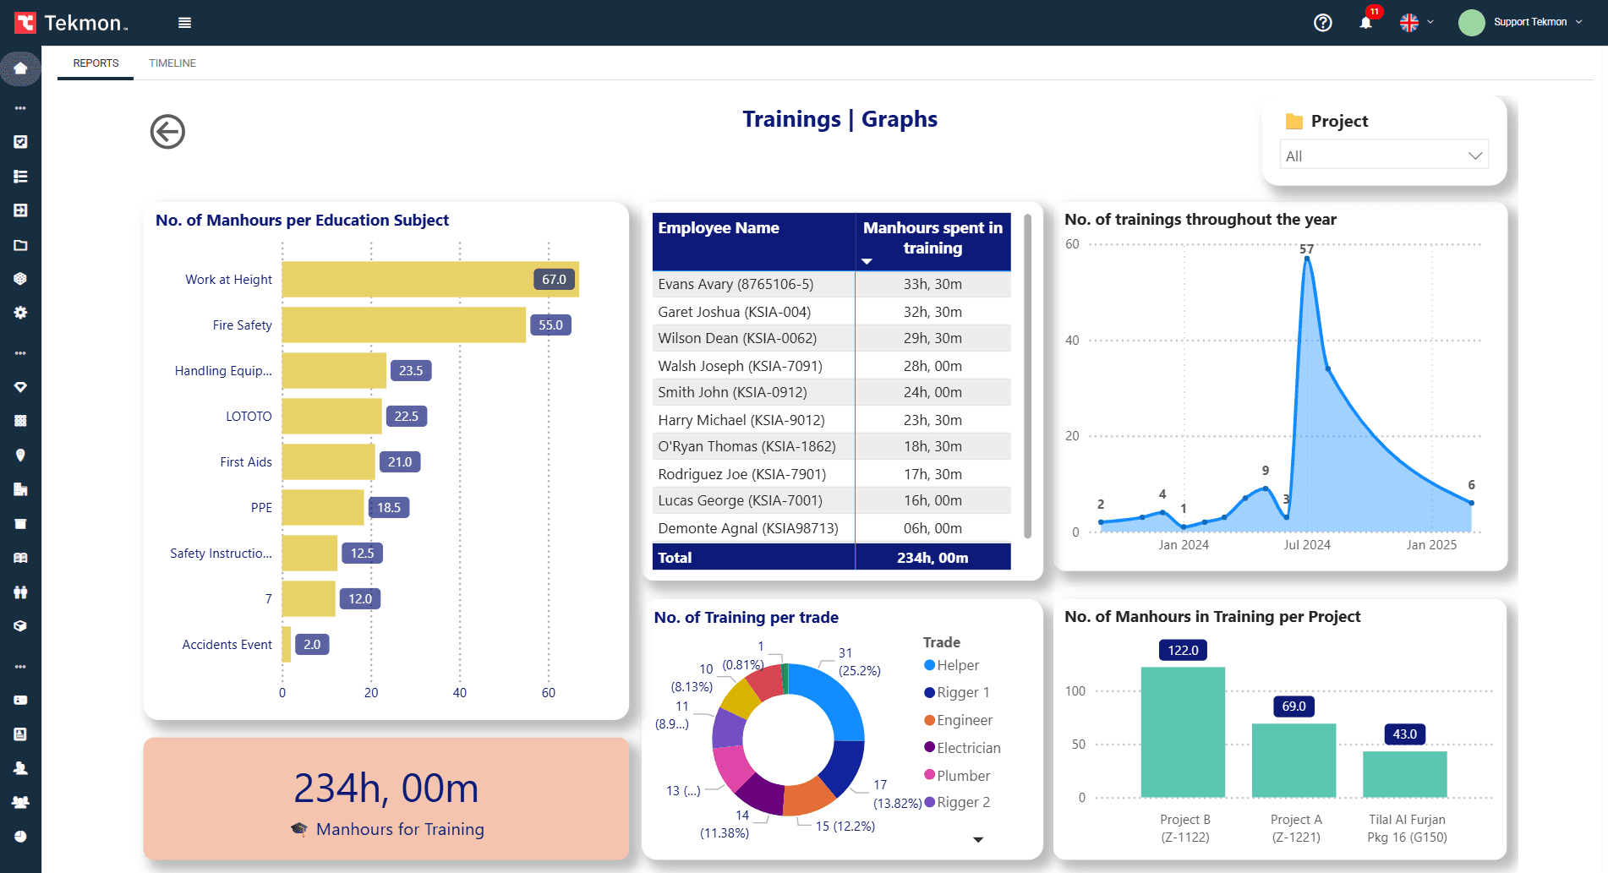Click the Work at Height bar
[406, 280]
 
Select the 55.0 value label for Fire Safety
[550, 325]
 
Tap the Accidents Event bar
[287, 645]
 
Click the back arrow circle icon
[167, 132]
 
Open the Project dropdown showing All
[1384, 156]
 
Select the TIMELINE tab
[172, 63]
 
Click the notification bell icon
[1365, 23]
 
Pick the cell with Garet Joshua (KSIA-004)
[734, 312]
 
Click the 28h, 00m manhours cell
[933, 366]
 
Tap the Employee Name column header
[719, 228]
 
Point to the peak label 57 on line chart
[1306, 249]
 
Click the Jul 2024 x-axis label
[1307, 545]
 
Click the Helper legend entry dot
[930, 666]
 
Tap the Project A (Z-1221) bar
[1294, 761]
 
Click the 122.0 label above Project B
[1183, 650]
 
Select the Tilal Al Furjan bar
[1404, 774]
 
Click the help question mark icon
[1323, 23]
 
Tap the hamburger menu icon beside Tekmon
[184, 23]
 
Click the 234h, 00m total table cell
[933, 558]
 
